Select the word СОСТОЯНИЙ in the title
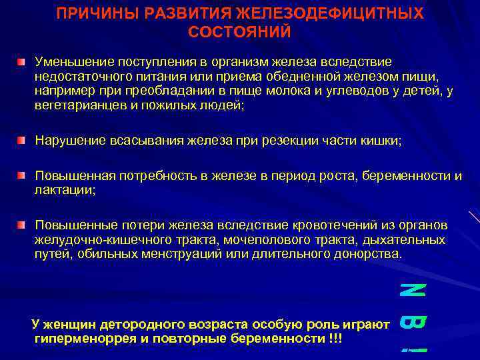(x=240, y=31)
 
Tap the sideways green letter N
(x=413, y=291)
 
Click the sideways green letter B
(x=413, y=323)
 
